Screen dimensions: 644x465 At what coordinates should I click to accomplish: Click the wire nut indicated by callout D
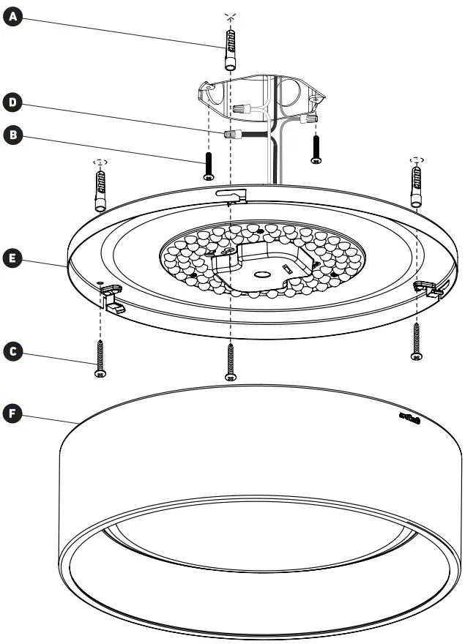234,135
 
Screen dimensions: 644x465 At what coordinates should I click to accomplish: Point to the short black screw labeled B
209,165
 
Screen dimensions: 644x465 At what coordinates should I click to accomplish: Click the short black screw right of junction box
316,149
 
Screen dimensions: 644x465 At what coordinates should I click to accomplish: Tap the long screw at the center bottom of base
231,362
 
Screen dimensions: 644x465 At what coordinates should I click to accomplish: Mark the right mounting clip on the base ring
428,289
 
